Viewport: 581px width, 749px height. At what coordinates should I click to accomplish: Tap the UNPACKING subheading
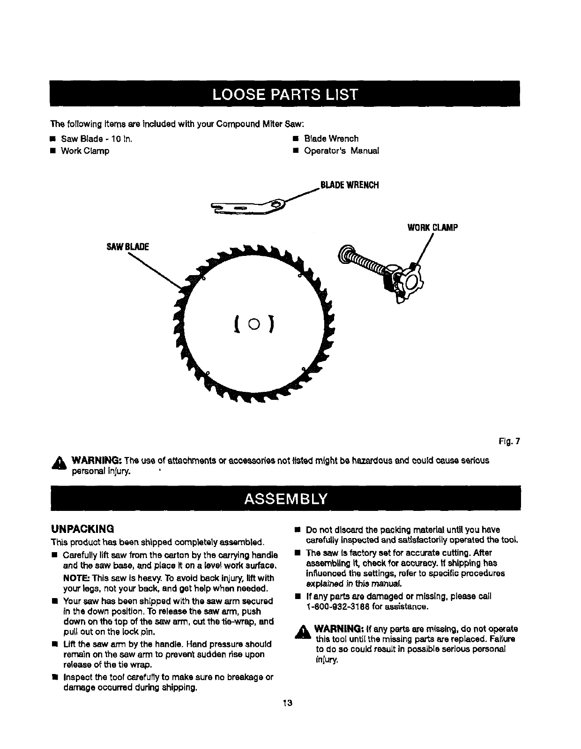click(x=82, y=529)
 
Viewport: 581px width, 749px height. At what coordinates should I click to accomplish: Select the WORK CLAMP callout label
click(x=432, y=228)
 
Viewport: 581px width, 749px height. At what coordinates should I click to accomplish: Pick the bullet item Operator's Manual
click(x=342, y=151)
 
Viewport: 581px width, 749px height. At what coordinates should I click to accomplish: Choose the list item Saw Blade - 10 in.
click(x=97, y=139)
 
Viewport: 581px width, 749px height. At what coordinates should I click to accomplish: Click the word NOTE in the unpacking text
click(x=76, y=578)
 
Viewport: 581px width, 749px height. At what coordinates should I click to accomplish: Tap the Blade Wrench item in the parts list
click(x=331, y=139)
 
